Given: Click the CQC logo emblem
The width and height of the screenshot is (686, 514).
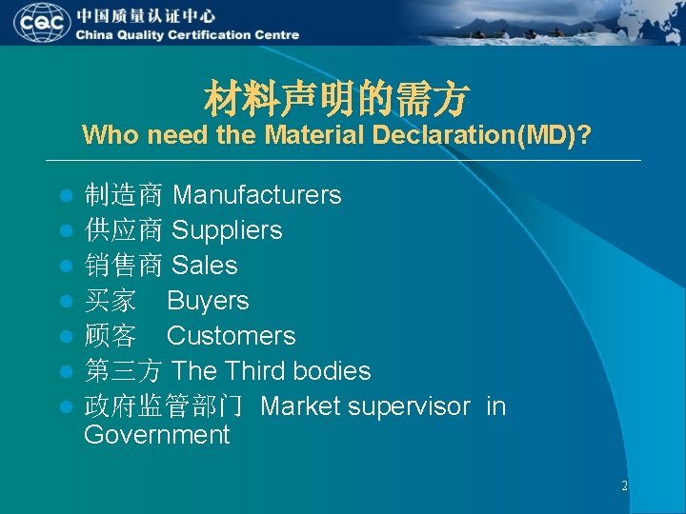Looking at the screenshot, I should pos(40,24).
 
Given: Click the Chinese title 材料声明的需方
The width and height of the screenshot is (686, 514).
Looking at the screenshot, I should pos(336,96).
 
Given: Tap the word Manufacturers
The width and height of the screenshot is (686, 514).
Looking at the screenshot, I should pos(257,195).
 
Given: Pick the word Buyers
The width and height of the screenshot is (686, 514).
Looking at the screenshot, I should pos(208,301).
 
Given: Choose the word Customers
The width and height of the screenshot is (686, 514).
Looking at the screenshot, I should pos(231,336).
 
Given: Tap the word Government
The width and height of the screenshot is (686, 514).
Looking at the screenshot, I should pos(157,436).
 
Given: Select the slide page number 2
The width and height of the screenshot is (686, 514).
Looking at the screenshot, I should pos(624,485).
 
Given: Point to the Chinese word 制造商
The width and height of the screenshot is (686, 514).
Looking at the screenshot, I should pos(123,195).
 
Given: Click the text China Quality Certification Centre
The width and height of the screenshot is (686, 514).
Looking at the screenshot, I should pos(188,35).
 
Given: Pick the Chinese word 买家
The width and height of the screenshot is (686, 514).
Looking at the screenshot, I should pos(111,301).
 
